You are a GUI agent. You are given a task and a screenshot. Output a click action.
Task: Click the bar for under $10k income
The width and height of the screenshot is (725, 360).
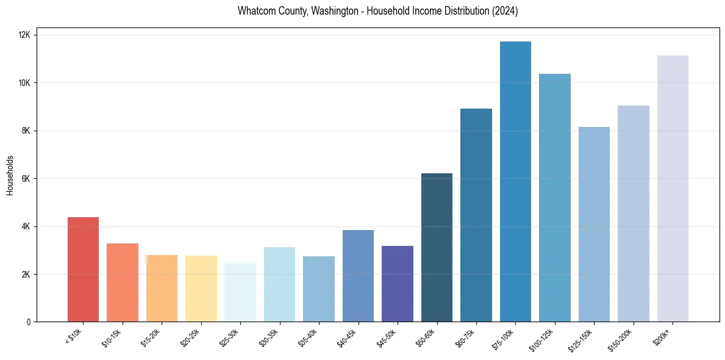83,269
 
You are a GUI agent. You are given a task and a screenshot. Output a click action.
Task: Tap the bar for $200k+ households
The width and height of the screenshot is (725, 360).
673,189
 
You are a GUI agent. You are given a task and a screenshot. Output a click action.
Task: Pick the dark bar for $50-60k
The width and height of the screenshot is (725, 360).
437,247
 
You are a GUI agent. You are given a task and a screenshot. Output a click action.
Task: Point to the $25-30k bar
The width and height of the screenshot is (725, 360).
240,292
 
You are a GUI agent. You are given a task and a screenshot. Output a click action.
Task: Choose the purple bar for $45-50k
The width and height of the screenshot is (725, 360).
398,284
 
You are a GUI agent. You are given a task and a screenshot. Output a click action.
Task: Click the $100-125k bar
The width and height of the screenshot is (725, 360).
555,198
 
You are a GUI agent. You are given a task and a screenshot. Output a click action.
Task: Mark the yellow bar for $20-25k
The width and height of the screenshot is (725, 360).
201,289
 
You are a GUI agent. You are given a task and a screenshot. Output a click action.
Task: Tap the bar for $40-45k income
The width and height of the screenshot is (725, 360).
358,276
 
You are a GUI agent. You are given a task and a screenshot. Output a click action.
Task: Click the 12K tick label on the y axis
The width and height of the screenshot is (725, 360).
25,35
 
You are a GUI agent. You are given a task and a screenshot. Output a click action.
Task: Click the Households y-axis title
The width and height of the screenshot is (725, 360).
10,175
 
